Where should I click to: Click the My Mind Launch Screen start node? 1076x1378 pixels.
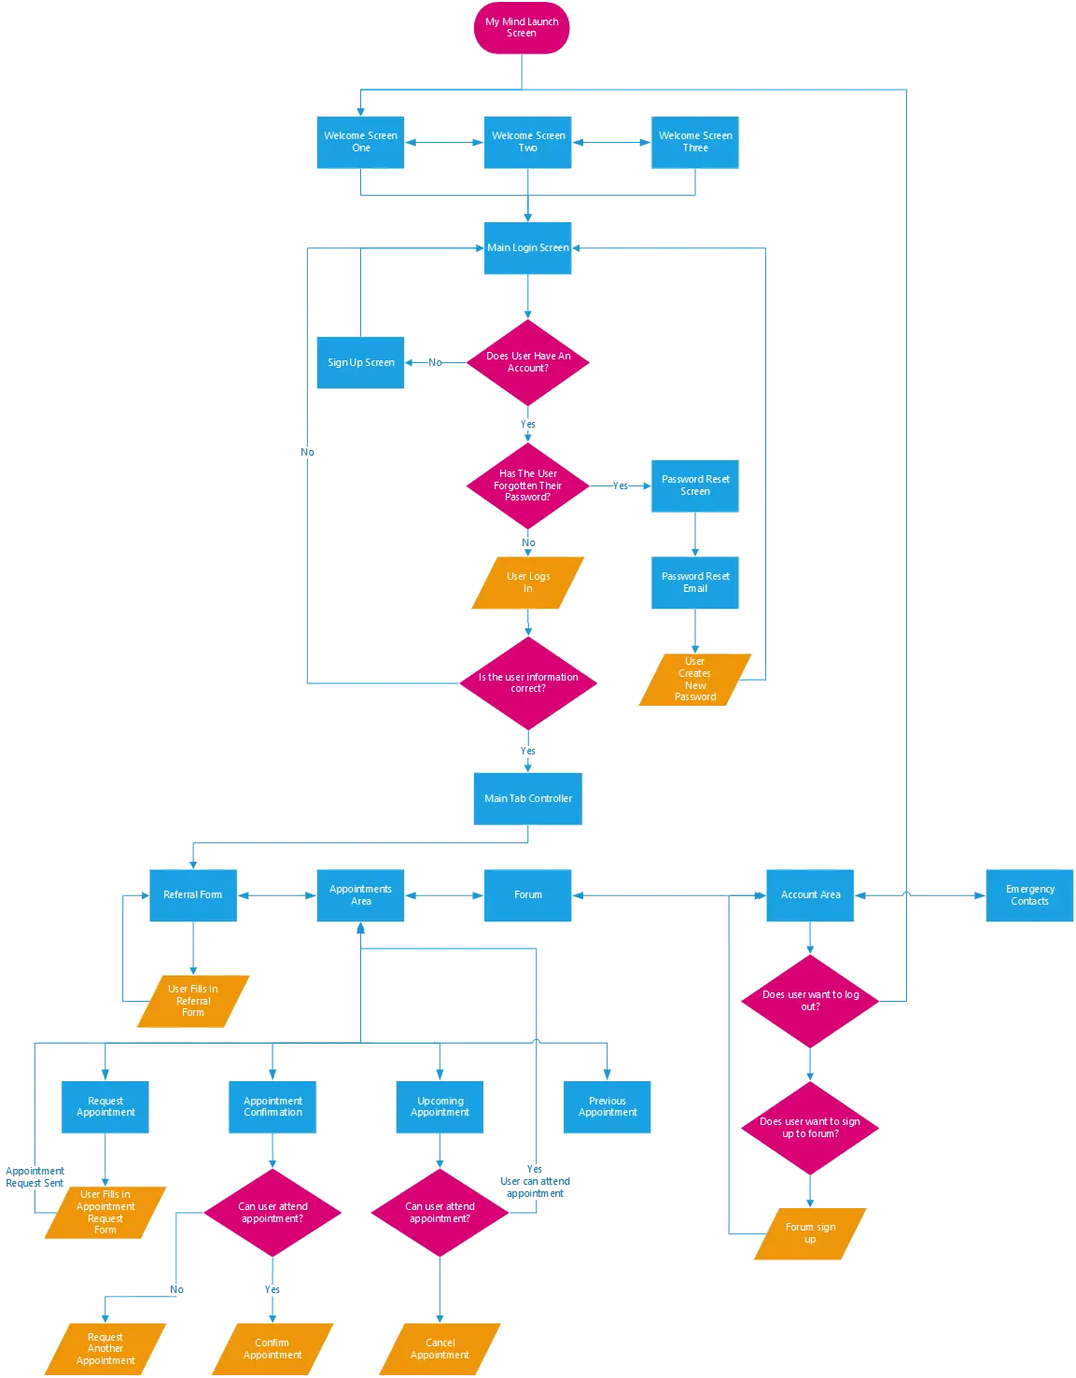(x=521, y=28)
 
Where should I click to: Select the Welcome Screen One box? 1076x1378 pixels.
(x=361, y=142)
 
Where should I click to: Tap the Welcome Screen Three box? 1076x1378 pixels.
(x=696, y=142)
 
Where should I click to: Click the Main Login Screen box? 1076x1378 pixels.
(x=527, y=247)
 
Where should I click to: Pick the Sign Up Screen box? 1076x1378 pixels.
(x=361, y=363)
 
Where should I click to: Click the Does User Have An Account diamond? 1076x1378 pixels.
(x=528, y=362)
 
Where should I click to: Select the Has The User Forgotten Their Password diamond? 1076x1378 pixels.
(x=528, y=485)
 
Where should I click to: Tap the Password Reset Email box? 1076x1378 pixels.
(x=696, y=583)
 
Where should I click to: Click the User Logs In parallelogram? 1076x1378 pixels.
(x=528, y=583)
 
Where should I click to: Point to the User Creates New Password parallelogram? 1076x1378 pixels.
(x=695, y=680)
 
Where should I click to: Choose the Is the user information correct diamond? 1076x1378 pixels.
(x=528, y=683)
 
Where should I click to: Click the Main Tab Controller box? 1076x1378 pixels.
(x=528, y=798)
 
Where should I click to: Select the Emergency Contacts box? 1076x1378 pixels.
(x=1029, y=895)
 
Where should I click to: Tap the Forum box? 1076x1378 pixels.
(x=527, y=895)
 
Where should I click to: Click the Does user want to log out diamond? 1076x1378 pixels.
(x=810, y=1001)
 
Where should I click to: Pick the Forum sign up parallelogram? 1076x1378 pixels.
(x=810, y=1233)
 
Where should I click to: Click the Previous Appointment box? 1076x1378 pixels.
(x=608, y=1106)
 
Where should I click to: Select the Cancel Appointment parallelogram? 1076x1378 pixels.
(x=440, y=1349)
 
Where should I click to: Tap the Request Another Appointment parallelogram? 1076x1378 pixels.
(x=105, y=1349)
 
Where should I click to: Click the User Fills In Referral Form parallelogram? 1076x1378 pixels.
(x=193, y=1001)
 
